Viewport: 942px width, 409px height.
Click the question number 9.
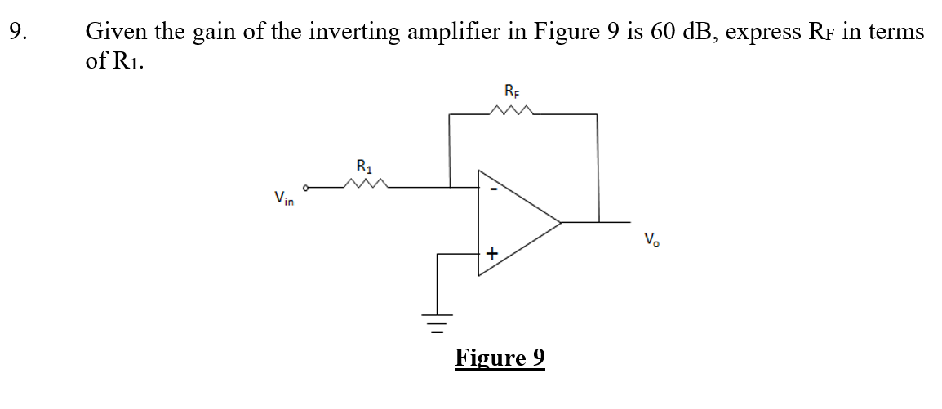(x=17, y=33)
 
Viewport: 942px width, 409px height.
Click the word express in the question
(x=763, y=33)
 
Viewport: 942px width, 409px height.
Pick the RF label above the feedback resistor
(x=511, y=90)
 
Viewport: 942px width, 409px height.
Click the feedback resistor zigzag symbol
(x=512, y=110)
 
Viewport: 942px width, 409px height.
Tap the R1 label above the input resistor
(x=363, y=167)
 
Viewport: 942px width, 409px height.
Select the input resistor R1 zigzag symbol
(x=364, y=187)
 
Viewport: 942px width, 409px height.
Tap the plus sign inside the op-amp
(x=491, y=255)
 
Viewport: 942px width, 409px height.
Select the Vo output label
(x=651, y=240)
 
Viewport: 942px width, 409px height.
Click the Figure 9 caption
(x=500, y=358)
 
